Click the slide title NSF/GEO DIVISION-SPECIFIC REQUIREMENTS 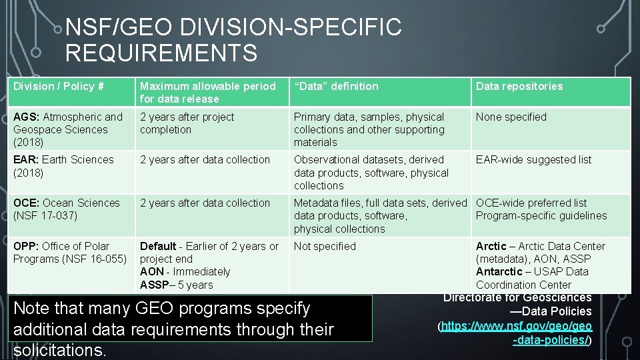click(233, 40)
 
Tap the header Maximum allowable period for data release click(207, 92)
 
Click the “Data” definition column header click(336, 86)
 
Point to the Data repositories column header click(519, 86)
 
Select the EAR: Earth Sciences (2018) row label click(63, 166)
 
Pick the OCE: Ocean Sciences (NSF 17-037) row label click(67, 209)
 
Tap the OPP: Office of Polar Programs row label click(69, 253)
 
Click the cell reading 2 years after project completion click(187, 123)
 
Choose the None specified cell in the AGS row click(511, 117)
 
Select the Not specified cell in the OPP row click(325, 246)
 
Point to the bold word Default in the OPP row click(158, 246)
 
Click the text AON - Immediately click(185, 272)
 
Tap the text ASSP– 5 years click(176, 285)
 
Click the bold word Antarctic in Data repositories click(499, 272)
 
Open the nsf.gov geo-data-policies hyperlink click(515, 333)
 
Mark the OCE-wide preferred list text click(531, 203)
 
